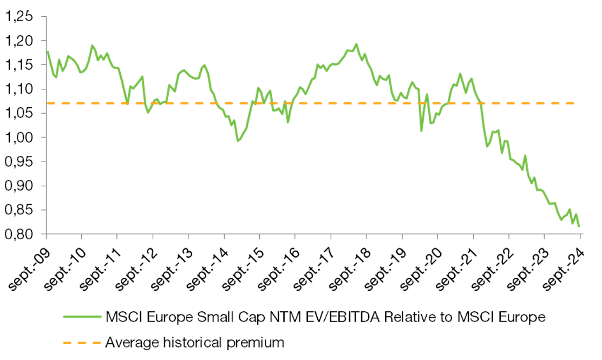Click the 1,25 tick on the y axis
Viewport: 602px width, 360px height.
[18, 16]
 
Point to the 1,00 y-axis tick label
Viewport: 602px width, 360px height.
[18, 138]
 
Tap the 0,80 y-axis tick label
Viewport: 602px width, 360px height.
[18, 234]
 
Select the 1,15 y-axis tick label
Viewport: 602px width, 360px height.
[18, 65]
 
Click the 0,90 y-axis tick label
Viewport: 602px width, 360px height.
[18, 186]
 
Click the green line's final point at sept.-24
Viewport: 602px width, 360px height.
[580, 226]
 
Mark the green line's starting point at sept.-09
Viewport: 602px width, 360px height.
[47, 51]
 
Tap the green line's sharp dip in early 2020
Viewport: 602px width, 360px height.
[421, 130]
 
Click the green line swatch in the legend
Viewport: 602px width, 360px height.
[81, 317]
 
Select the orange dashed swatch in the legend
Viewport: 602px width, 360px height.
[81, 342]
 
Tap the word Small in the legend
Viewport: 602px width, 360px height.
[206, 318]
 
